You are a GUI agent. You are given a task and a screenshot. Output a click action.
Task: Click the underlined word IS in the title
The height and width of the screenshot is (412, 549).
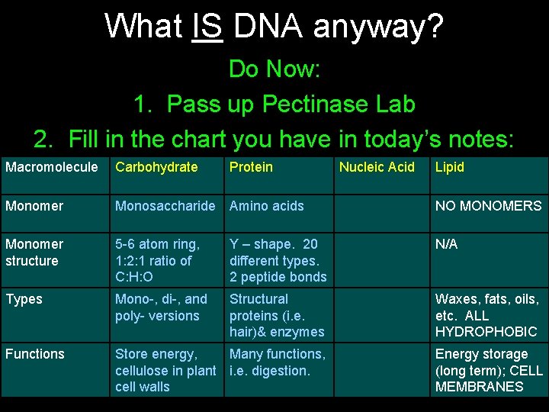207,26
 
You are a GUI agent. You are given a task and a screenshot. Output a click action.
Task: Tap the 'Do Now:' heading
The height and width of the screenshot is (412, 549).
274,69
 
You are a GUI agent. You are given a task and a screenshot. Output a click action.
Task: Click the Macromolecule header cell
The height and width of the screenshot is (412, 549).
52,167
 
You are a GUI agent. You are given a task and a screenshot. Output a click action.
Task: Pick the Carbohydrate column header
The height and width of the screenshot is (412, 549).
156,167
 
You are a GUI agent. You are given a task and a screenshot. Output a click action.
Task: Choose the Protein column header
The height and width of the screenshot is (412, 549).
251,167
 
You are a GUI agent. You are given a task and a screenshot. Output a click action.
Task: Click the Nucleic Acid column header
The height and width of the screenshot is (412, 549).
377,167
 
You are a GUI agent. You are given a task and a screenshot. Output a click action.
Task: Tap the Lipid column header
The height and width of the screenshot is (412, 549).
449,167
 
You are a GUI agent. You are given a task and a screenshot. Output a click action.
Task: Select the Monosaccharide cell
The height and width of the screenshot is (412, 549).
165,206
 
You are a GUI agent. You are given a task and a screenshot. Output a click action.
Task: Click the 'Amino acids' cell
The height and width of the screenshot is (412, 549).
266,206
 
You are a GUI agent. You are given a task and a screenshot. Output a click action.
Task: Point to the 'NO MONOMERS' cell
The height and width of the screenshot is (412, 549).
488,206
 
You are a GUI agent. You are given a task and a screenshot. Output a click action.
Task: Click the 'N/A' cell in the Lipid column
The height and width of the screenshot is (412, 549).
447,244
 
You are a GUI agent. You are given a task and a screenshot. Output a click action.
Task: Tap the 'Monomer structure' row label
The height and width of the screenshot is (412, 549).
34,253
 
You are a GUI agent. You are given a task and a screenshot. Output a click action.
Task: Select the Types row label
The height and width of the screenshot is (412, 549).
24,299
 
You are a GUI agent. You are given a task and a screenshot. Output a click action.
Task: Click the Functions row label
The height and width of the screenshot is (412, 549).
35,354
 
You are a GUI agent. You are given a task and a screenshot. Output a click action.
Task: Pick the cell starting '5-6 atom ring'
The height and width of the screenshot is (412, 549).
158,260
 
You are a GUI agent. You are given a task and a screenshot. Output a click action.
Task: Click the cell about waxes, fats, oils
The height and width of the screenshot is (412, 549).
486,315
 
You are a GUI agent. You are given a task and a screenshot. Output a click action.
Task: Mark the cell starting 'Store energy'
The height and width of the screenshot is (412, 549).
165,370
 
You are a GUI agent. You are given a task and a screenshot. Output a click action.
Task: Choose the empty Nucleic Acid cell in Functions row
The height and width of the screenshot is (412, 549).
380,370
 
